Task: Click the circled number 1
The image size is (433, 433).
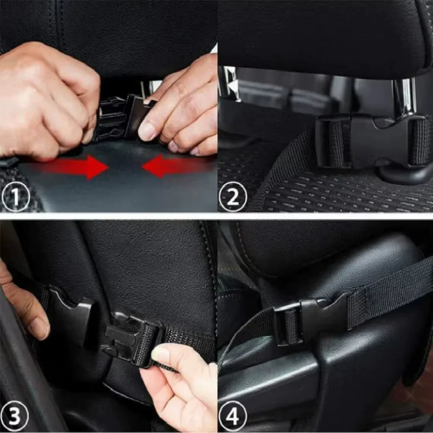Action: click(x=16, y=197)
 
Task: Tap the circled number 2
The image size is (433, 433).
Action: click(x=233, y=197)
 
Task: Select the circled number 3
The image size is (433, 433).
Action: click(x=15, y=417)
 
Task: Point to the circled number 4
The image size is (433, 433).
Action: click(x=233, y=417)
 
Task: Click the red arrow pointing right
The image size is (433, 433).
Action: click(x=78, y=167)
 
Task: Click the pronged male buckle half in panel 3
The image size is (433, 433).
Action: click(x=130, y=338)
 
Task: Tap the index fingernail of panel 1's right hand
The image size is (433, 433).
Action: click(x=147, y=131)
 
